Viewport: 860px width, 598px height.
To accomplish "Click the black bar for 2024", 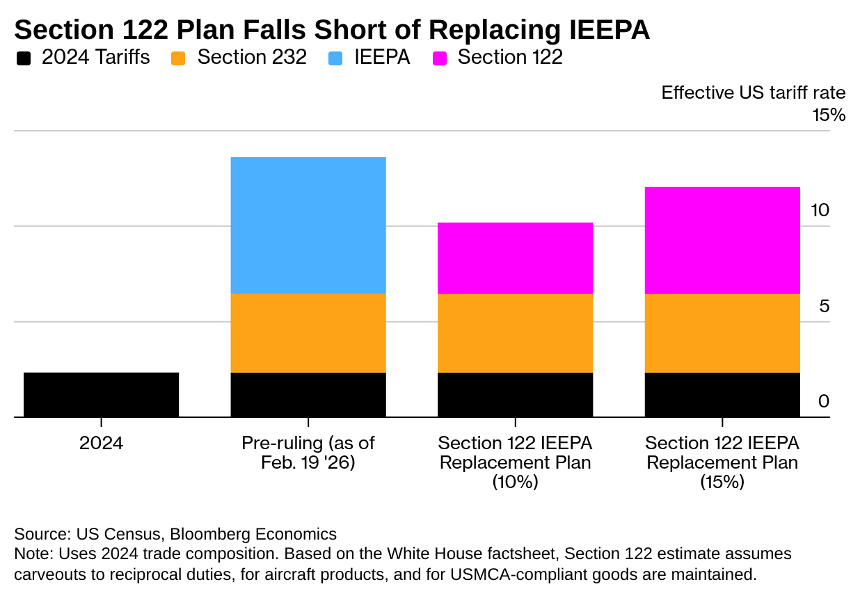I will (101, 394).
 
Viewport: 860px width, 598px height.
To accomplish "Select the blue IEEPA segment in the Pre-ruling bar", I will (308, 225).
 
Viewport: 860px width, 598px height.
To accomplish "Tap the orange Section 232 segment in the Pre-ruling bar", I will (308, 333).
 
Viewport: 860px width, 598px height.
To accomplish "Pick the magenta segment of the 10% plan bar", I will (515, 258).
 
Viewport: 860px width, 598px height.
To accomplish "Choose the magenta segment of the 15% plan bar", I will (722, 240).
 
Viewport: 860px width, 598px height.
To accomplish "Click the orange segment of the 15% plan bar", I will (722, 333).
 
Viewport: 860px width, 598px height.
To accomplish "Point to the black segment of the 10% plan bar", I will (515, 394).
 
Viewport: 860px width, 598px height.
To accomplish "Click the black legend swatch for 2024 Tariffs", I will (24, 58).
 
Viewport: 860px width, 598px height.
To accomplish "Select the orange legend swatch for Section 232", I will (179, 58).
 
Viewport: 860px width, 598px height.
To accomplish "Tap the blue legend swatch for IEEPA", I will (336, 58).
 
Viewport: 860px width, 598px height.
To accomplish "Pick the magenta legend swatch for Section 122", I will (439, 58).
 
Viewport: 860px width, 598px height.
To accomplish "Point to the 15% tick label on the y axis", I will (829, 115).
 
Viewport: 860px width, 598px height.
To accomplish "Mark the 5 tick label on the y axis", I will (825, 306).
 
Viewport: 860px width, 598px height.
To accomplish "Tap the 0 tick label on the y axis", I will (825, 401).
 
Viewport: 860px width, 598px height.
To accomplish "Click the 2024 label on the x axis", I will (101, 443).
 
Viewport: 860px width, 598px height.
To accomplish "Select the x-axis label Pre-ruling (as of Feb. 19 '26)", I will (308, 453).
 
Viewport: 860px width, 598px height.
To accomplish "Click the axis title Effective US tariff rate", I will (753, 92).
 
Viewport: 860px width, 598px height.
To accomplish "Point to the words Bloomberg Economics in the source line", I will (253, 534).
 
